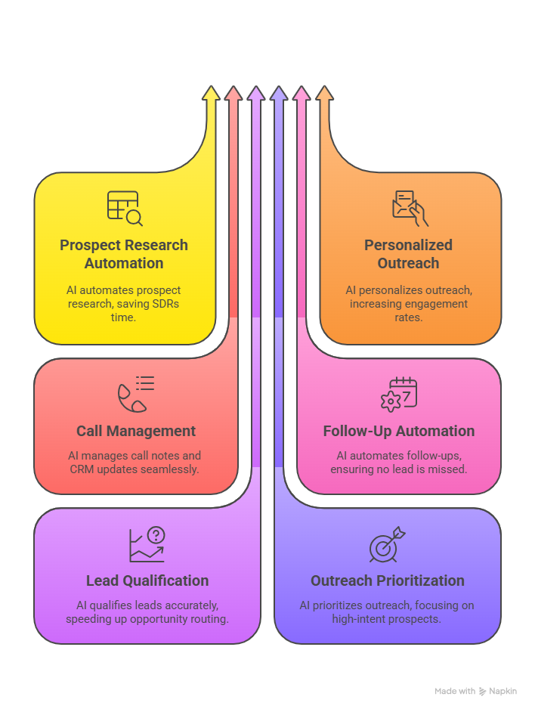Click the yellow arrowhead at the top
click(x=211, y=93)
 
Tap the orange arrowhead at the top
click(x=324, y=93)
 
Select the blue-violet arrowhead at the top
click(x=279, y=93)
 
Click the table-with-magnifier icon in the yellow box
click(x=125, y=208)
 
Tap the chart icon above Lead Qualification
click(x=147, y=544)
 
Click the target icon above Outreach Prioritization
click(x=386, y=545)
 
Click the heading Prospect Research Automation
click(x=124, y=254)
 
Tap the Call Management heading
click(x=136, y=431)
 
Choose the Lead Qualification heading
click(x=147, y=580)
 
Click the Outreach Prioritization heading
click(x=388, y=580)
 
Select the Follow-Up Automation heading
click(x=399, y=431)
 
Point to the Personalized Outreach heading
click(x=408, y=254)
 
